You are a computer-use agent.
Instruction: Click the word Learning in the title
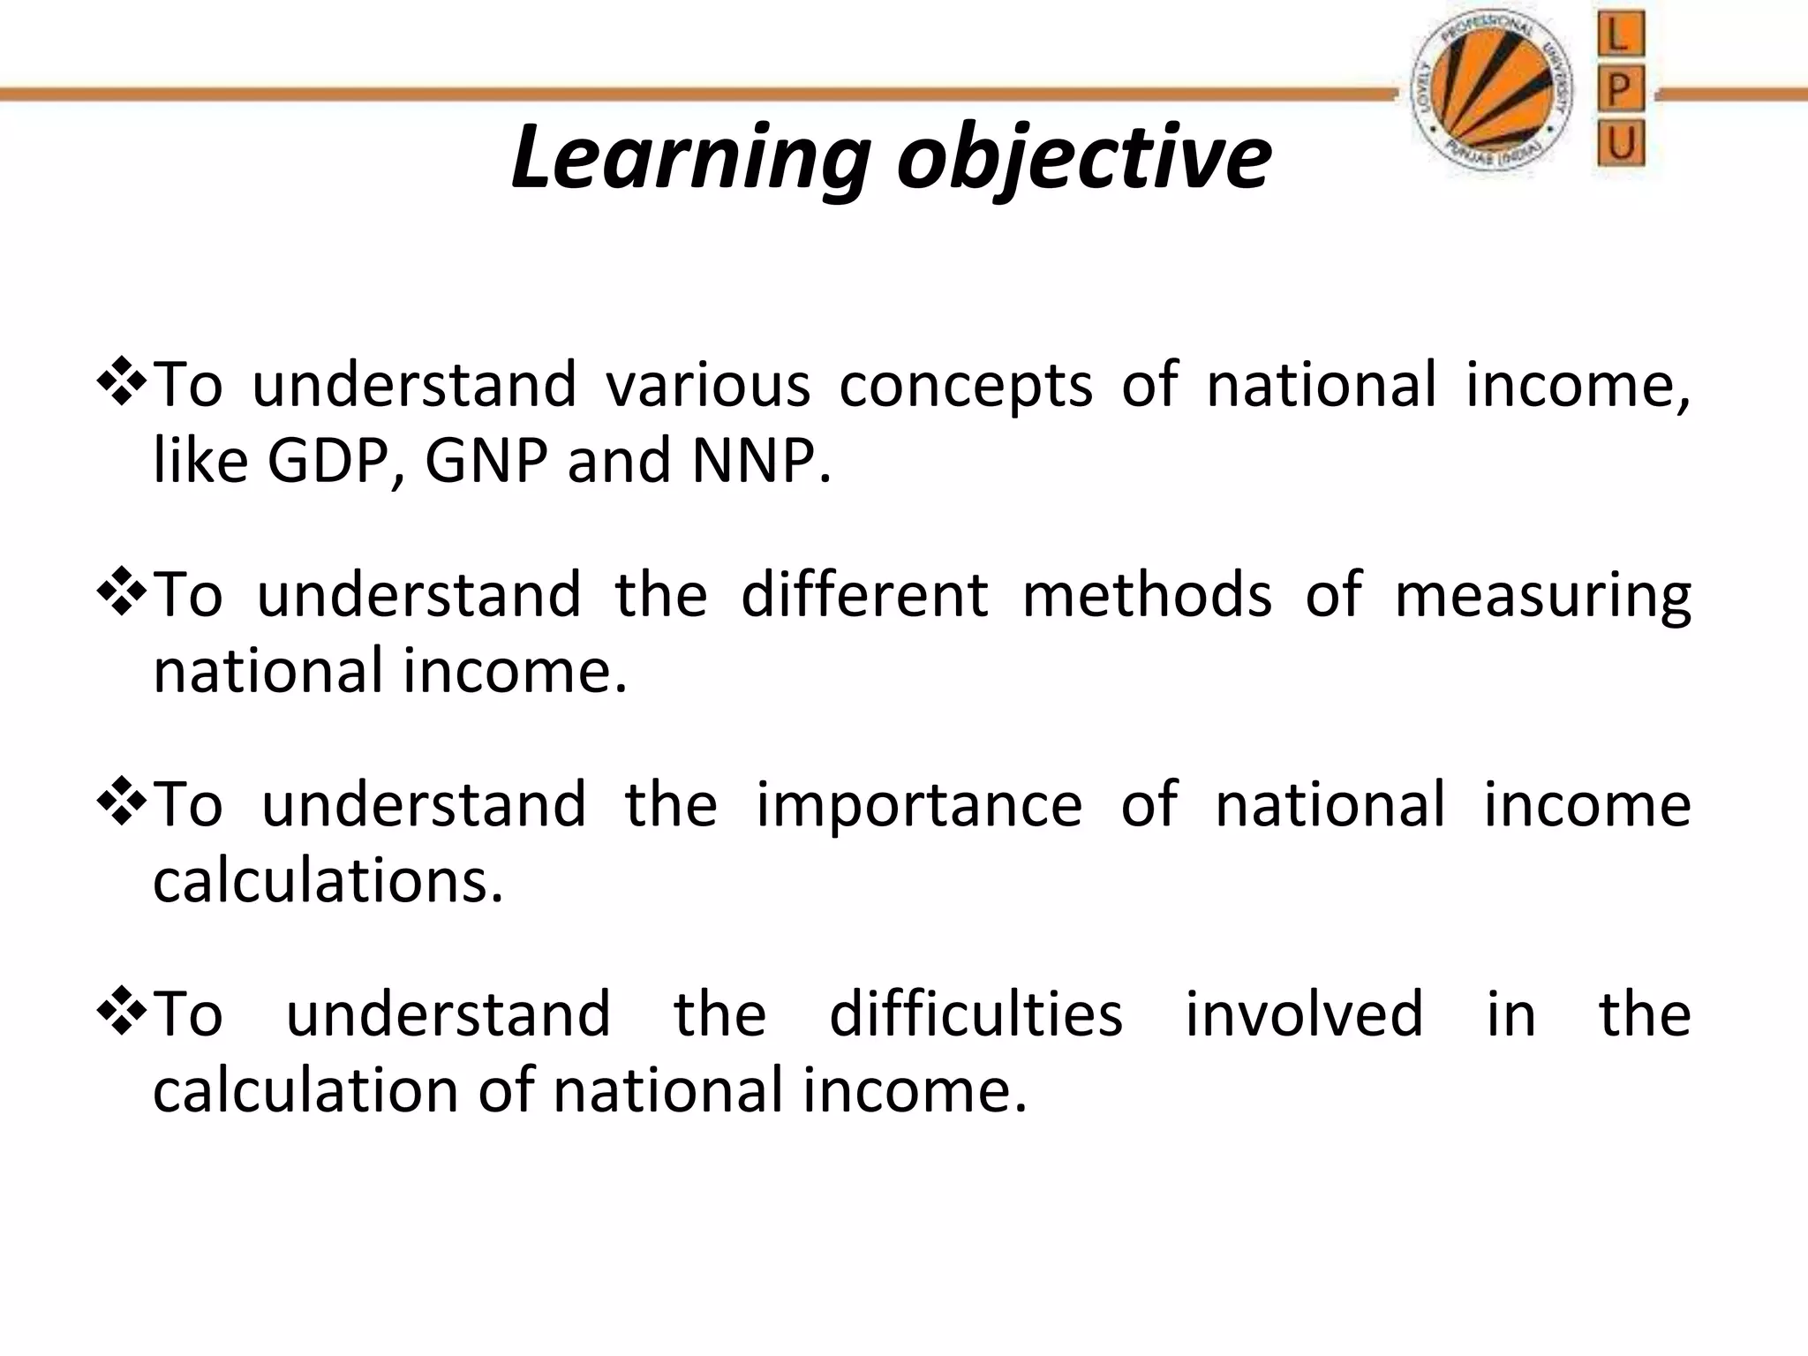pos(690,159)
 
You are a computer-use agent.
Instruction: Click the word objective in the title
pos(1084,159)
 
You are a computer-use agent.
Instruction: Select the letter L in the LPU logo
pos(1619,36)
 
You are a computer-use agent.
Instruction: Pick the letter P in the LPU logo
pos(1619,89)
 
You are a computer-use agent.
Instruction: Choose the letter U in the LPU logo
pos(1620,143)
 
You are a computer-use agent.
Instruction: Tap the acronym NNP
pos(759,461)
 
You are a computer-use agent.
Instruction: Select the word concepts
pos(966,387)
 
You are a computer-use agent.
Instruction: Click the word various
pos(708,385)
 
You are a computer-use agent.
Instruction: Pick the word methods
pos(1147,594)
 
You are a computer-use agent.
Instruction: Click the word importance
pos(919,806)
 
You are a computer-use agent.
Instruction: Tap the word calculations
pos(327,881)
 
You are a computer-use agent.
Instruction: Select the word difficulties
pos(976,1013)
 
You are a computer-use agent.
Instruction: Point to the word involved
pos(1303,1013)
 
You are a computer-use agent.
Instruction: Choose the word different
pos(864,594)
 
